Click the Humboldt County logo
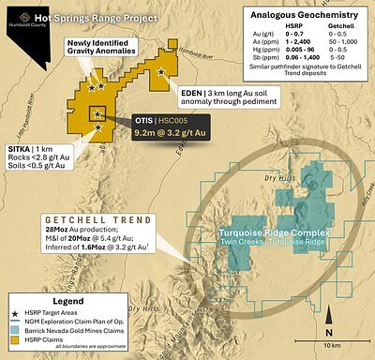(16, 17)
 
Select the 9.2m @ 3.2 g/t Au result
(171, 134)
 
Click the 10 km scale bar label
(332, 345)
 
